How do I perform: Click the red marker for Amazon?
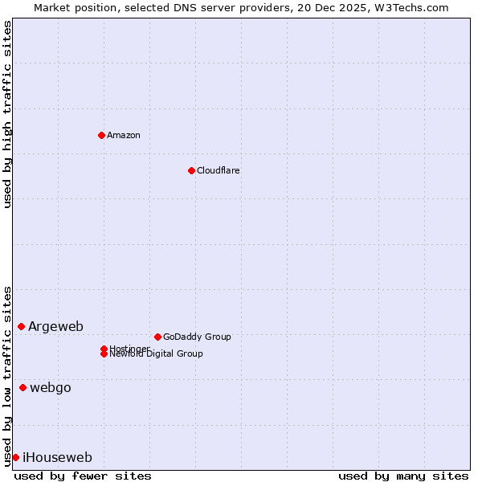pyautogui.click(x=101, y=135)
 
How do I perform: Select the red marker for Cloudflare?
pyautogui.click(x=191, y=170)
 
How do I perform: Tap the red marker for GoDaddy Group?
pyautogui.click(x=157, y=337)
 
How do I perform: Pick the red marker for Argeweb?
pyautogui.click(x=21, y=326)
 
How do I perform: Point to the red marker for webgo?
pyautogui.click(x=22, y=387)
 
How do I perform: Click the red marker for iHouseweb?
pyautogui.click(x=15, y=457)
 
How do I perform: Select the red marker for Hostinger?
pyautogui.click(x=104, y=349)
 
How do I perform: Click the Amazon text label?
pyautogui.click(x=124, y=135)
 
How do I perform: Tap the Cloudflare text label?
pyautogui.click(x=219, y=170)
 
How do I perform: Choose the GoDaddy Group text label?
pyautogui.click(x=197, y=337)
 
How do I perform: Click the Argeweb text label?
pyautogui.click(x=55, y=326)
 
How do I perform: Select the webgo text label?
pyautogui.click(x=51, y=387)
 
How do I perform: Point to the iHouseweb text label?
pyautogui.click(x=57, y=457)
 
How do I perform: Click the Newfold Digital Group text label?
pyautogui.click(x=157, y=354)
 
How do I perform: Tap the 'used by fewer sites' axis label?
pyautogui.click(x=83, y=476)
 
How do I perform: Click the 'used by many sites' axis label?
pyautogui.click(x=403, y=476)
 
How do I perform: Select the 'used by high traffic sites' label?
pyautogui.click(x=7, y=114)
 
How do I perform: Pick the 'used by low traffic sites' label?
pyautogui.click(x=7, y=375)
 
